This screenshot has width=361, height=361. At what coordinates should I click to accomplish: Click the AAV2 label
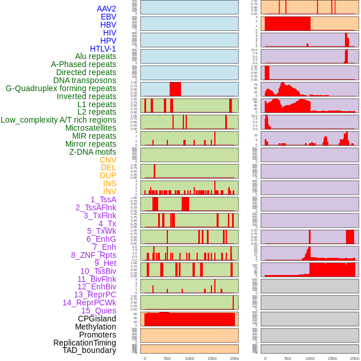106,9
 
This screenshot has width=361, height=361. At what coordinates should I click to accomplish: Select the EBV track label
108,17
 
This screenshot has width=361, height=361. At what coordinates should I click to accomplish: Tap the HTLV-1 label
103,49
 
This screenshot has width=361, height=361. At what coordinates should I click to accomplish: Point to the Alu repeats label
95,57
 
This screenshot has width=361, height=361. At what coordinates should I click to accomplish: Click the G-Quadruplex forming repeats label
61,88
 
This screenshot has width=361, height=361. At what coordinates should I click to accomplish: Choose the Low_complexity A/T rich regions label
58,120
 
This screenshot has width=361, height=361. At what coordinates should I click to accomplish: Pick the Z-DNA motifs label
92,152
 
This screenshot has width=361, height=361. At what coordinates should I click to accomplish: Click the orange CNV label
108,160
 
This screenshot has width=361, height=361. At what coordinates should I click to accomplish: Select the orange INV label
109,191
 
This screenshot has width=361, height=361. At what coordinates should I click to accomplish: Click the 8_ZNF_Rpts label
93,255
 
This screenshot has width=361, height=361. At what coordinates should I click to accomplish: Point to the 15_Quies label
99,311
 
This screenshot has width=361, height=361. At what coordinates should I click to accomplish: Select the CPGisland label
97,319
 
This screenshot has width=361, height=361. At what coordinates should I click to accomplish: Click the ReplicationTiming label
84,343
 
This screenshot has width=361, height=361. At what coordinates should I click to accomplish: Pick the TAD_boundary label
89,350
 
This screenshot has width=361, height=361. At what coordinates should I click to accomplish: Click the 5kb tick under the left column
167,358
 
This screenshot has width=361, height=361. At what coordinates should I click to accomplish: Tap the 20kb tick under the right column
355,358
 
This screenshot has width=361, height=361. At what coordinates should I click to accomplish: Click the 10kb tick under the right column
310,358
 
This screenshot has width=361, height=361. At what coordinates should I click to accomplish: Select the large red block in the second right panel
287,24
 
